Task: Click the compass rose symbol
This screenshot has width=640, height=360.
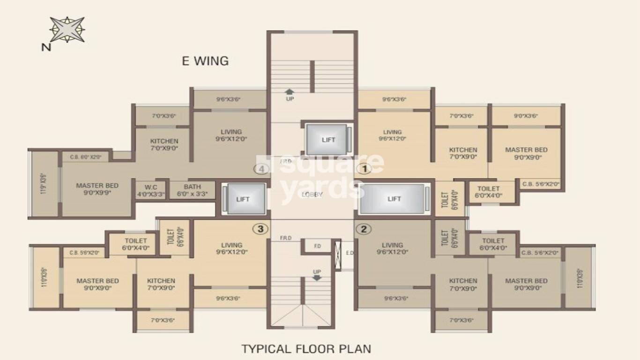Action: (x=67, y=30)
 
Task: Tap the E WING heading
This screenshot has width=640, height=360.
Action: (x=205, y=61)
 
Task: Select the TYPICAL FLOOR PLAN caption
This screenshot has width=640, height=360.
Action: (x=306, y=349)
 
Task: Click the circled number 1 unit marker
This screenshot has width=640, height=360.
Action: (x=364, y=168)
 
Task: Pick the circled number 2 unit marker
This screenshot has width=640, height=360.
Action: (x=364, y=229)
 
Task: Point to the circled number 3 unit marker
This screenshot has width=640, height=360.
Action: (x=260, y=229)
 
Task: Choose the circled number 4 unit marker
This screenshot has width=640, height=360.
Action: (x=260, y=168)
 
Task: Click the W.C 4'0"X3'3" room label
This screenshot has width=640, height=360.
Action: (x=151, y=190)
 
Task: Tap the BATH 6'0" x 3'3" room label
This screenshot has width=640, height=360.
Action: (x=192, y=190)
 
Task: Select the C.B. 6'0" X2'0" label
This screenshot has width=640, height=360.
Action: (x=85, y=157)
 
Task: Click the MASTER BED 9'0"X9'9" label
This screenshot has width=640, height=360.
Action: (x=97, y=189)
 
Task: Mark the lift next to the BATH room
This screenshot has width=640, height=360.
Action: (x=243, y=199)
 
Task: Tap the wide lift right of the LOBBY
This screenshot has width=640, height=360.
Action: (x=394, y=199)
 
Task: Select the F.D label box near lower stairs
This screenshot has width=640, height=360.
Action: (x=317, y=246)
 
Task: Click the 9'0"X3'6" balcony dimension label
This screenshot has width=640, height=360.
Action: (x=526, y=116)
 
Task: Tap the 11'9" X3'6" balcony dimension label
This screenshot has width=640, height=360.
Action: (x=44, y=184)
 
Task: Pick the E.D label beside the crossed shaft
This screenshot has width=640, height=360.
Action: (x=349, y=253)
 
